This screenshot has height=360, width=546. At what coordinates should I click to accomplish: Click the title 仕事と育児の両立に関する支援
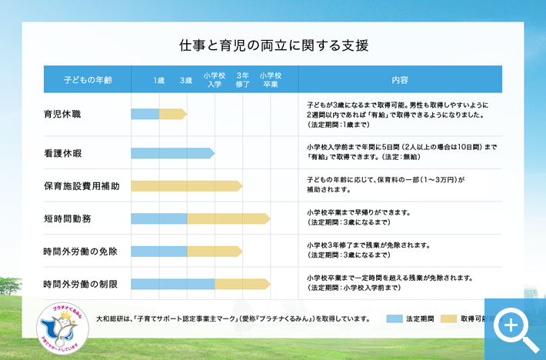pyautogui.click(x=273, y=45)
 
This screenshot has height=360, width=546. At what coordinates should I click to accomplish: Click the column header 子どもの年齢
pyautogui.click(x=87, y=80)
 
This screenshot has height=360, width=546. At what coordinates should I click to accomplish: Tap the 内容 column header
pyautogui.click(x=400, y=80)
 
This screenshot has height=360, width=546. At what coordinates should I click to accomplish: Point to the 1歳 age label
pyautogui.click(x=159, y=80)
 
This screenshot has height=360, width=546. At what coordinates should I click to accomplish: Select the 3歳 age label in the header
pyautogui.click(x=186, y=80)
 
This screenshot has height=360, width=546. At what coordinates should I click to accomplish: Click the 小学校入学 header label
pyautogui.click(x=215, y=80)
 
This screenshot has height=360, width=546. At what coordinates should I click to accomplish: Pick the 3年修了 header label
pyautogui.click(x=242, y=80)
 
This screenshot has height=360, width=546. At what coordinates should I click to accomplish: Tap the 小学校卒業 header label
pyautogui.click(x=270, y=80)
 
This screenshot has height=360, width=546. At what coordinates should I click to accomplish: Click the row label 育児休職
pyautogui.click(x=62, y=114)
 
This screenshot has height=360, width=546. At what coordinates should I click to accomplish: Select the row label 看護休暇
pyautogui.click(x=62, y=153)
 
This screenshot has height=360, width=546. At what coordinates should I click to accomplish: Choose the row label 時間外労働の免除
pyautogui.click(x=81, y=252)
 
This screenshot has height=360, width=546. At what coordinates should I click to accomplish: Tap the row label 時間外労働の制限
pyautogui.click(x=81, y=284)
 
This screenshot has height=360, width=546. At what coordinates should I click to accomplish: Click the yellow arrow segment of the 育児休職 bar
pyautogui.click(x=172, y=114)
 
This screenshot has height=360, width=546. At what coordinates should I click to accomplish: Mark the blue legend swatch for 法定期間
pyautogui.click(x=395, y=318)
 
